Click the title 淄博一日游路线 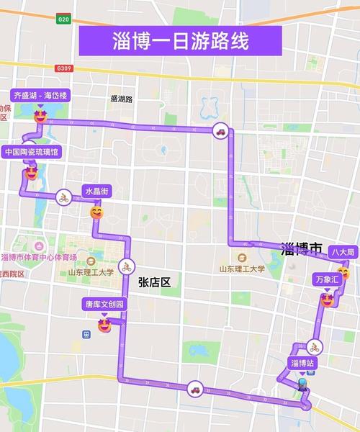180,40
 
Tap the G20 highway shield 65,20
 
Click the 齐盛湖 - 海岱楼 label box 40,95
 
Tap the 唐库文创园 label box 105,305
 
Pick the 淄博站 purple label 302,362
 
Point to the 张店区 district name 154,282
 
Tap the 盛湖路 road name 122,99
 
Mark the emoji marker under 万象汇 326,298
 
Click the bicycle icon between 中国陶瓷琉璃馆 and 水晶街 63,197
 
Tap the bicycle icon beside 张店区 127,265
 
